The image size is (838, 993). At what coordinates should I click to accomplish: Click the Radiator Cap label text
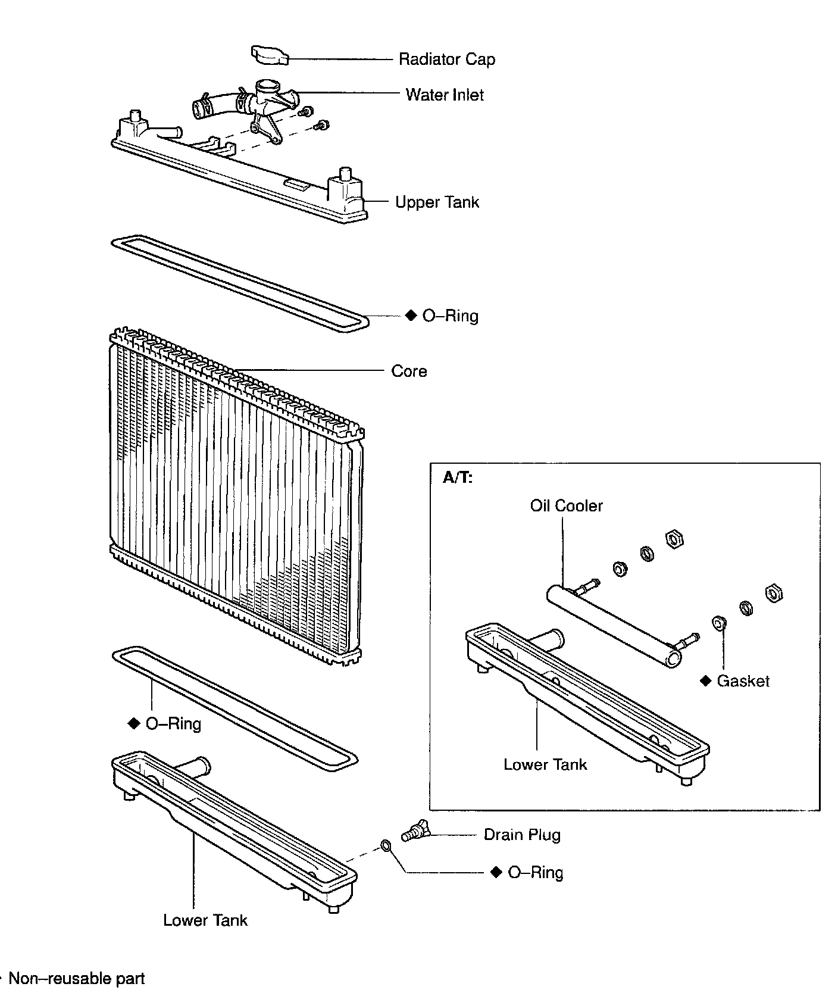pos(446,60)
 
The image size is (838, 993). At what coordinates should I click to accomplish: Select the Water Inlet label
pos(445,95)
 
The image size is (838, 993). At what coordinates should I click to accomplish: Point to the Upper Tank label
pos(437,202)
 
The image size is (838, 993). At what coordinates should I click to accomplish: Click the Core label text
pos(409,371)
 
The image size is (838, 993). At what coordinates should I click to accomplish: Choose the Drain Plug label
pos(522,835)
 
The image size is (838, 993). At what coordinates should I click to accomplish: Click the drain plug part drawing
pos(415,829)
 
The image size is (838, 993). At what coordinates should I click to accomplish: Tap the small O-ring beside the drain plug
pos(386,846)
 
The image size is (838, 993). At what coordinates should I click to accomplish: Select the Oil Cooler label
pos(566,505)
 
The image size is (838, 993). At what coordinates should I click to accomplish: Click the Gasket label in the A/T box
pos(743,681)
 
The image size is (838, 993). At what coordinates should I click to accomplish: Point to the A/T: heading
pos(458,477)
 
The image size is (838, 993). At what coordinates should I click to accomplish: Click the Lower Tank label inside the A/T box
pos(545,764)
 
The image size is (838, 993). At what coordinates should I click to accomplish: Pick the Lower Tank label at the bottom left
pos(205,920)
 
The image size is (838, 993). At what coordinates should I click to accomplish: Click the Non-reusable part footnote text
pos(77,979)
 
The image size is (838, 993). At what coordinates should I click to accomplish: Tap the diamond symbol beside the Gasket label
pos(706,680)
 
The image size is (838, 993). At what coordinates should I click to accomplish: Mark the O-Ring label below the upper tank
pos(450,316)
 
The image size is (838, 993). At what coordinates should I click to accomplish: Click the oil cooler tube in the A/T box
pos(613,625)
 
